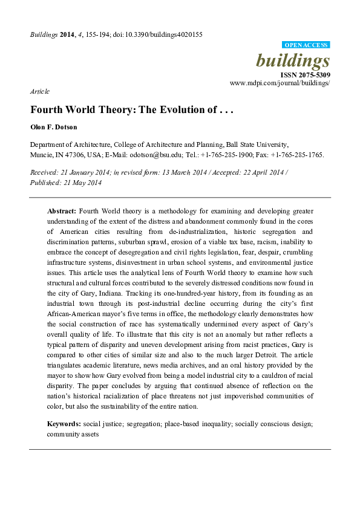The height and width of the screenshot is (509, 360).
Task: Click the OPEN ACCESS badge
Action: pos(307,45)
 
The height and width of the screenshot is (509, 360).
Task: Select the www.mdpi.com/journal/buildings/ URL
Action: pos(280,83)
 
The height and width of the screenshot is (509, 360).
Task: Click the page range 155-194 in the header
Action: pos(101,34)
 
